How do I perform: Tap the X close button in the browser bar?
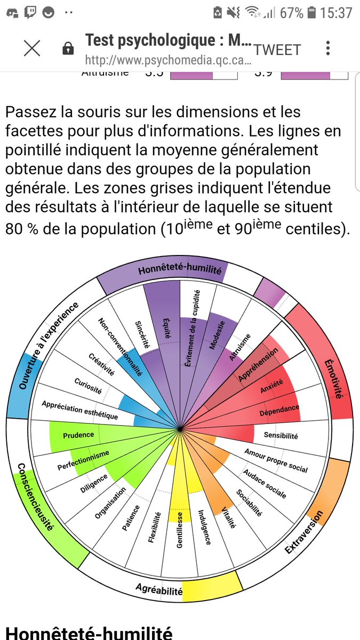[32, 49]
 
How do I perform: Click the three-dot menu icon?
[328, 49]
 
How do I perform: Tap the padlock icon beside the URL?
[68, 49]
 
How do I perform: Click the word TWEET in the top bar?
[277, 50]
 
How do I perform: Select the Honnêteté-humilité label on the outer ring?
[180, 270]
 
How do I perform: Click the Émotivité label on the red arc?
[333, 379]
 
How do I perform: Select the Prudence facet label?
[78, 435]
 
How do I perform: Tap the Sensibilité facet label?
[281, 435]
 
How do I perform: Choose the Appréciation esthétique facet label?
[80, 410]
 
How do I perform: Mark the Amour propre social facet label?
[276, 460]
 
